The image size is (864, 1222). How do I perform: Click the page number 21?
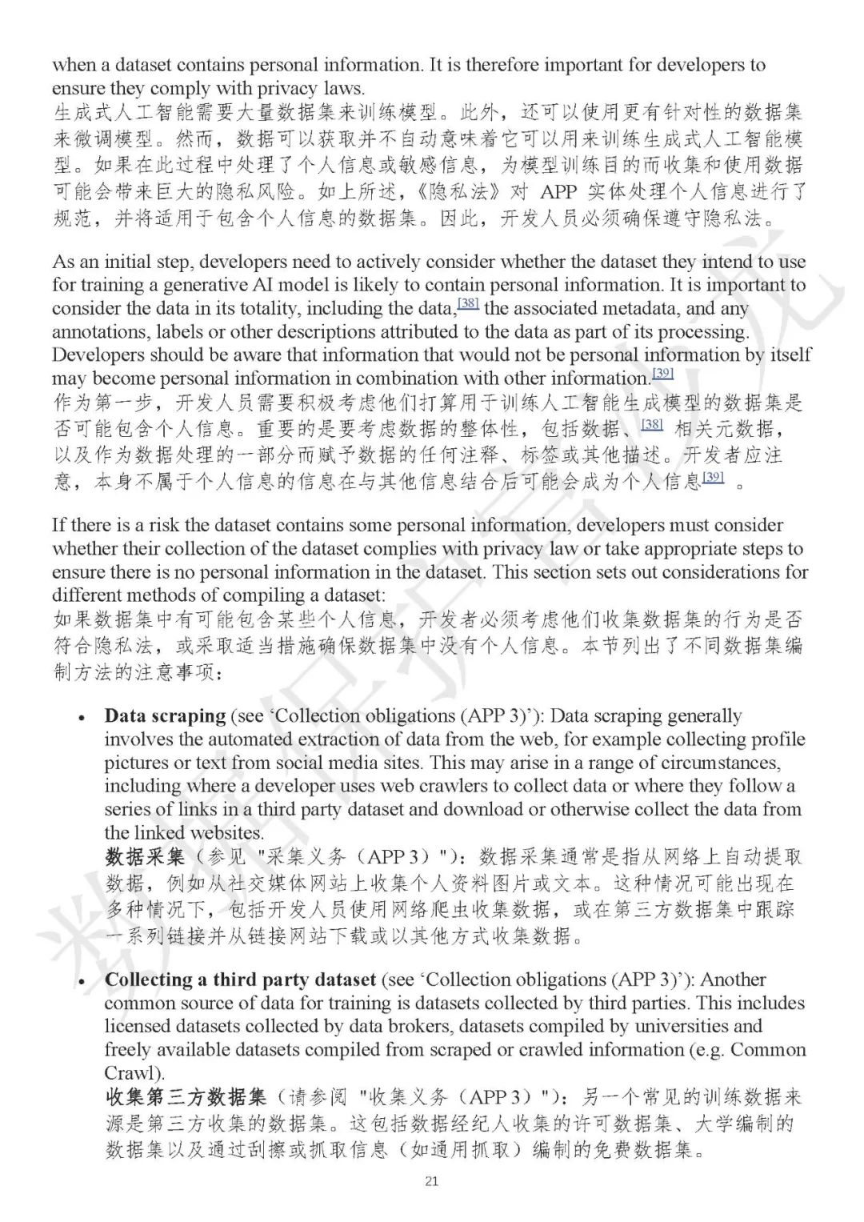(432, 1181)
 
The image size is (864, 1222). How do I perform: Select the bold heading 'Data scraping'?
(165, 716)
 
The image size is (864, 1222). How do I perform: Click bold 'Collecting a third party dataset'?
(240, 980)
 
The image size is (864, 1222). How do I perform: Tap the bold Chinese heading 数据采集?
(144, 857)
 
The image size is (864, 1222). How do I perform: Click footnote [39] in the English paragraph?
(662, 374)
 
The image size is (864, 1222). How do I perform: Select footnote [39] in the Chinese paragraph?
(713, 478)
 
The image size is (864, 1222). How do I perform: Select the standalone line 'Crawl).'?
(134, 1072)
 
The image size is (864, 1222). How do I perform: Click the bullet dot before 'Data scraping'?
(82, 718)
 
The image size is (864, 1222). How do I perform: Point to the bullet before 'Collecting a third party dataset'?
(82, 981)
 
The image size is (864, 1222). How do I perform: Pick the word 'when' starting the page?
(73, 65)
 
